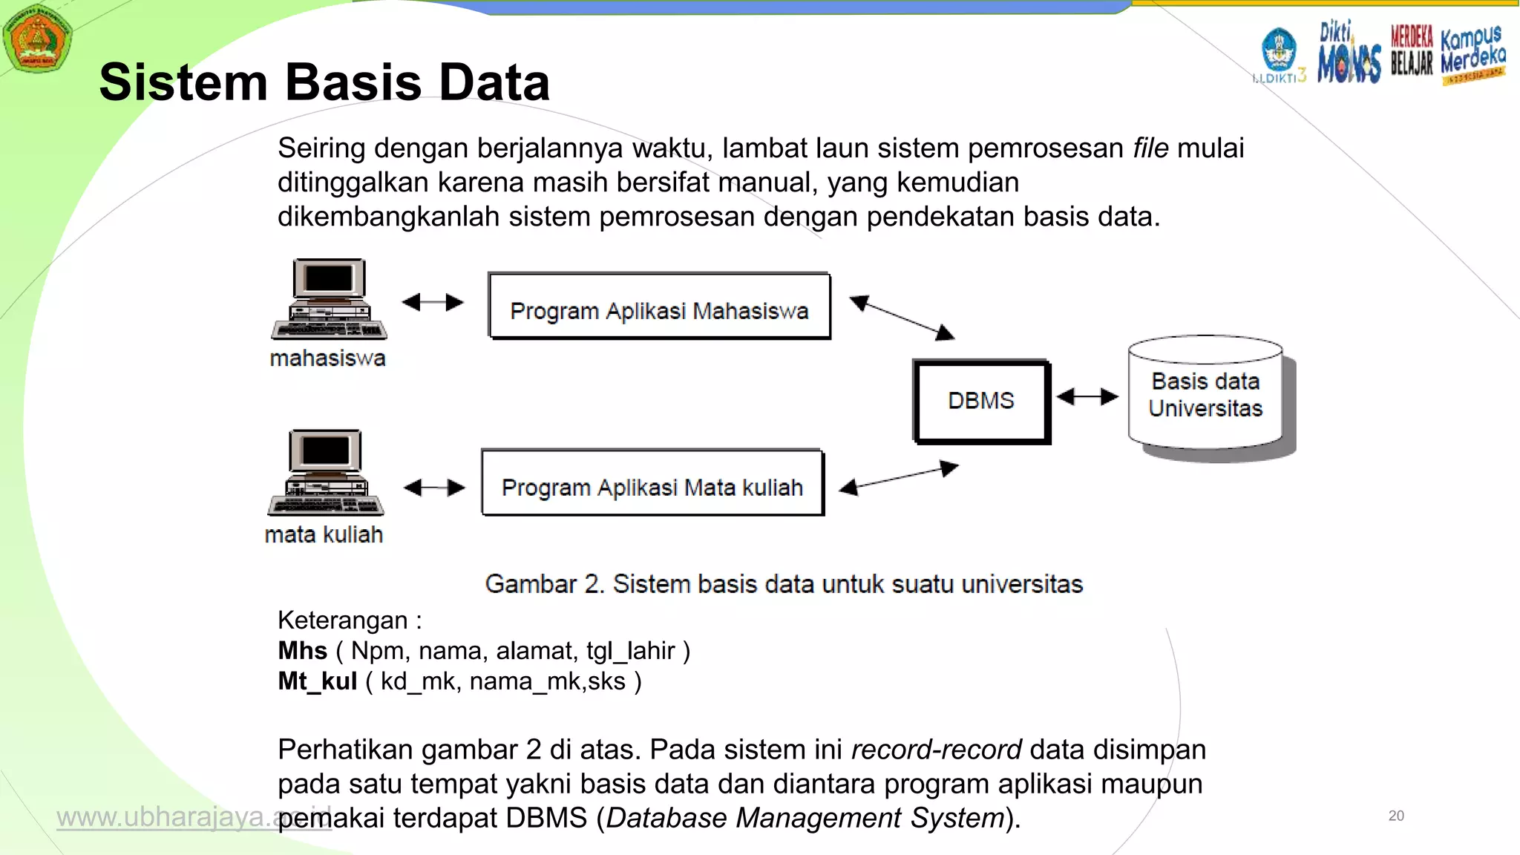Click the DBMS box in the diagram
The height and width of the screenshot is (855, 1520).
[x=980, y=401]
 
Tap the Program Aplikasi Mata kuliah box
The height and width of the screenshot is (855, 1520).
[x=652, y=484]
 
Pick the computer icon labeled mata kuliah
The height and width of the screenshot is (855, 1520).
[x=326, y=473]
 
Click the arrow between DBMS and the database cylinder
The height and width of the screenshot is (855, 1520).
[x=1087, y=397]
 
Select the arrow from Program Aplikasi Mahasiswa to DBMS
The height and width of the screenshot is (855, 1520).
[x=901, y=318]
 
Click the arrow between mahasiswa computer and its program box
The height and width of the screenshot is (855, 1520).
[x=433, y=302]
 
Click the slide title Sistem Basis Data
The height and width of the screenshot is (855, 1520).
[x=324, y=82]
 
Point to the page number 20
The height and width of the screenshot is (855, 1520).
[x=1396, y=816]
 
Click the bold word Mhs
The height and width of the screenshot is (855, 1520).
[x=302, y=651]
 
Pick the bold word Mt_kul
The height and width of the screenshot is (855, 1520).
[x=318, y=681]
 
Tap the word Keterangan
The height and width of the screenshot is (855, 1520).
[x=343, y=620]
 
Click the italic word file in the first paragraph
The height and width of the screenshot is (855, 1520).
[x=1150, y=148]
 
